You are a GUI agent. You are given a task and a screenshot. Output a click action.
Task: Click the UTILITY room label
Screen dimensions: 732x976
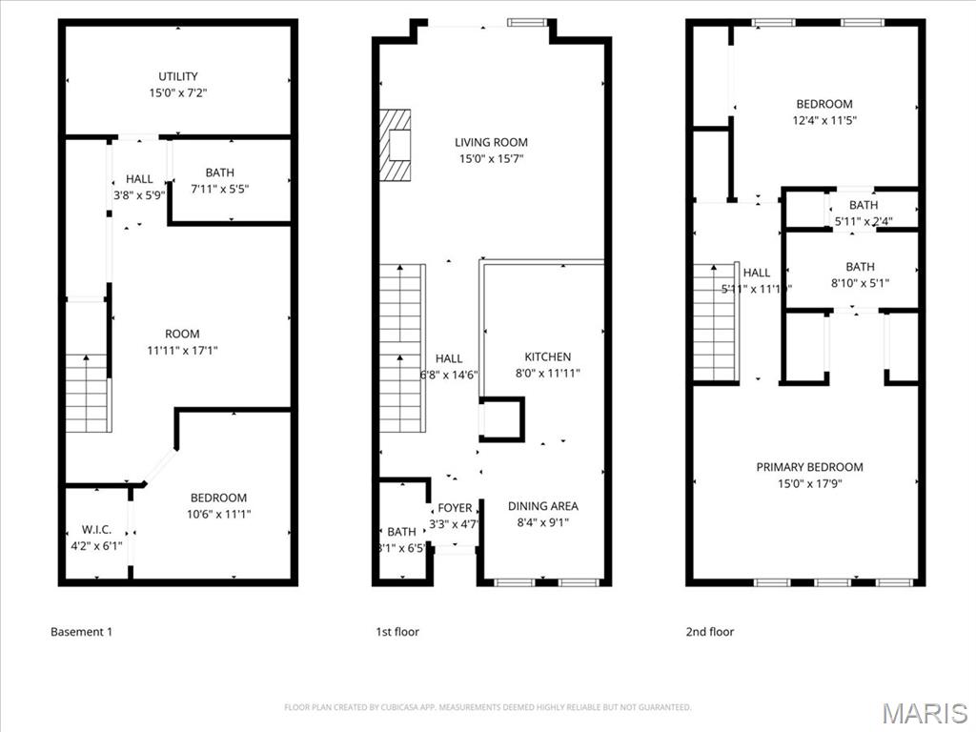point(178,76)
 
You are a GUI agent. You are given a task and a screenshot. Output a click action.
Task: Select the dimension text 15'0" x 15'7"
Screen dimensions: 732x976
point(491,159)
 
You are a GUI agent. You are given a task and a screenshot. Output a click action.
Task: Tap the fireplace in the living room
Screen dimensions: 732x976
point(396,145)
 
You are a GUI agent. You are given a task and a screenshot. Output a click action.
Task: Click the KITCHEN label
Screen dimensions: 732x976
point(548,356)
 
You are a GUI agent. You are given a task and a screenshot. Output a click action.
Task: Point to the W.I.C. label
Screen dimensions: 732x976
point(97,530)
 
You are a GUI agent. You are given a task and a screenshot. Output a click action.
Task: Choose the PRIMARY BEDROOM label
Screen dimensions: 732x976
point(809,467)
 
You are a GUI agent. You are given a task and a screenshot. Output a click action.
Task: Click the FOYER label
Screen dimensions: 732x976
point(455,508)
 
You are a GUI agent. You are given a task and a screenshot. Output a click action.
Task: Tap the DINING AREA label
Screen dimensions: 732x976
point(542,506)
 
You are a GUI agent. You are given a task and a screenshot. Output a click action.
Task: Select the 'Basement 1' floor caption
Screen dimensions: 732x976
point(81,631)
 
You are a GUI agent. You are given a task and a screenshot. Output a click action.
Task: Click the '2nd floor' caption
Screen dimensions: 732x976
point(710,631)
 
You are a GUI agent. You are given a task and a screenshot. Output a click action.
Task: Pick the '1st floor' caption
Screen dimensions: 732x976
point(397,631)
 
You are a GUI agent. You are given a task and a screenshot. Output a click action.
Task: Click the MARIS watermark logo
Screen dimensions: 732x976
point(925,713)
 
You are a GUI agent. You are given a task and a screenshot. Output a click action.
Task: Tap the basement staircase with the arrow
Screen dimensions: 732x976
point(87,392)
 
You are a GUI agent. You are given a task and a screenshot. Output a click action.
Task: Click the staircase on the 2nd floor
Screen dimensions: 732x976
point(716,322)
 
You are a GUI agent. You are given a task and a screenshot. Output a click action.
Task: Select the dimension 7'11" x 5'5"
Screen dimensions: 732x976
point(219,189)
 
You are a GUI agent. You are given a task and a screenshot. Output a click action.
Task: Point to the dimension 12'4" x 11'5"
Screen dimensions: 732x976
point(824,120)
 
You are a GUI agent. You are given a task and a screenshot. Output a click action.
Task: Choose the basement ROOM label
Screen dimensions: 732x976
point(182,334)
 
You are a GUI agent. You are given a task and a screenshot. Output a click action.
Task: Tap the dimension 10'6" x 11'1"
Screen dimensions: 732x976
point(218,514)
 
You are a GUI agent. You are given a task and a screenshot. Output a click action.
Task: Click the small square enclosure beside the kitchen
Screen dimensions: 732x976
point(501,418)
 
